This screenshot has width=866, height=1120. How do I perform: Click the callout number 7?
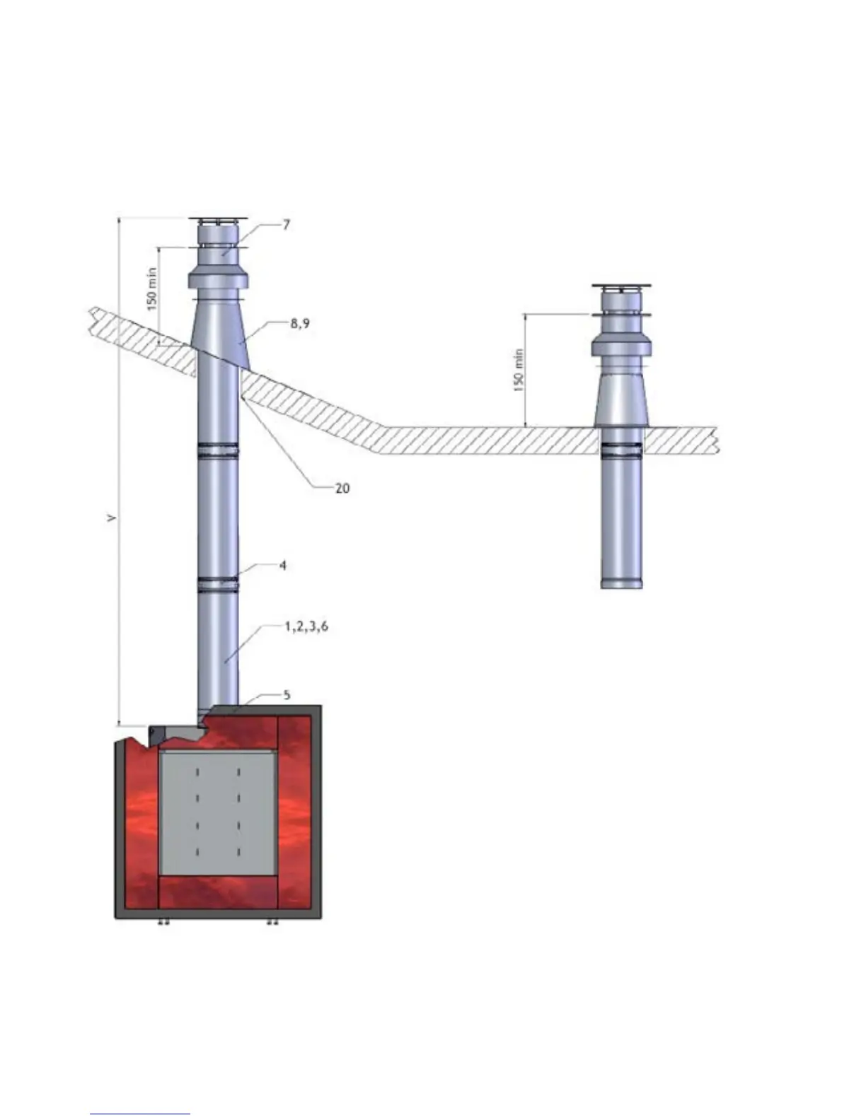(x=287, y=225)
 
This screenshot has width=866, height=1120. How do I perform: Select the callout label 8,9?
(x=300, y=324)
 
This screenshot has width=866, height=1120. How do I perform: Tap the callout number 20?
(x=342, y=488)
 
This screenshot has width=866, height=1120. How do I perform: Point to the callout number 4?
(x=282, y=566)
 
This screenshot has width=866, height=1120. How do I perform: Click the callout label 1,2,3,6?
(x=306, y=626)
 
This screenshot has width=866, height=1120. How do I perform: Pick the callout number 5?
(x=287, y=695)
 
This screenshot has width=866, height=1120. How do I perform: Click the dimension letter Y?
(x=111, y=518)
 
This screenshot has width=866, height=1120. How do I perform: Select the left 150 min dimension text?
(x=151, y=288)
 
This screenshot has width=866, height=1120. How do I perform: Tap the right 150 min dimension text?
(x=519, y=370)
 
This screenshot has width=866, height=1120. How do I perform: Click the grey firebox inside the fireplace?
(x=216, y=813)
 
